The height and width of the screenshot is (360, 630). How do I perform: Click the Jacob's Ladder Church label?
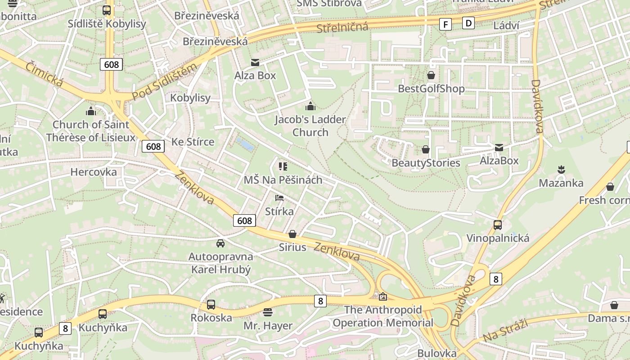pyautogui.click(x=310, y=126)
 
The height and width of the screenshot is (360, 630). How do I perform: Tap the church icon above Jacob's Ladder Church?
pyautogui.click(x=310, y=106)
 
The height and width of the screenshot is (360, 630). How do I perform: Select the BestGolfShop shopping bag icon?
pyautogui.click(x=431, y=75)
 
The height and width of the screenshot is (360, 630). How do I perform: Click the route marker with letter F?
pyautogui.click(x=445, y=24)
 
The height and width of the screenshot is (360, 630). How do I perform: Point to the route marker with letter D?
pyautogui.click(x=469, y=22)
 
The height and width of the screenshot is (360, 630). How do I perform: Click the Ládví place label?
pyautogui.click(x=506, y=25)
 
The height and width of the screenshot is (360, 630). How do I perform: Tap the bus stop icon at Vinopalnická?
pyautogui.click(x=498, y=225)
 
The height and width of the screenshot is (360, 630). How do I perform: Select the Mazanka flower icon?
pyautogui.click(x=561, y=170)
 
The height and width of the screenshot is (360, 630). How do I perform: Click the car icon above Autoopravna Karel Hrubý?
pyautogui.click(x=220, y=243)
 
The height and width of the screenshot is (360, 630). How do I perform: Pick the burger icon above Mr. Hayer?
pyautogui.click(x=268, y=312)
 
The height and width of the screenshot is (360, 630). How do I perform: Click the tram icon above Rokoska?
pyautogui.click(x=211, y=305)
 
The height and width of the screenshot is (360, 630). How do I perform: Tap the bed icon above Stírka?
pyautogui.click(x=279, y=198)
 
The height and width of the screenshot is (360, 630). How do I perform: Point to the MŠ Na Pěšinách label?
pyautogui.click(x=283, y=180)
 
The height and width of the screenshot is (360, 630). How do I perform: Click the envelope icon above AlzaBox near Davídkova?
pyautogui.click(x=499, y=148)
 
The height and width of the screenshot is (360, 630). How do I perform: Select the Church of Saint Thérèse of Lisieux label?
pyautogui.click(x=90, y=131)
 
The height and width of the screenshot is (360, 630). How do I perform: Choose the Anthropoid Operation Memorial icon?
pyautogui.click(x=382, y=297)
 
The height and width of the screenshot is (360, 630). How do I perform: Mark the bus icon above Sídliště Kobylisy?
pyautogui.click(x=107, y=10)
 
